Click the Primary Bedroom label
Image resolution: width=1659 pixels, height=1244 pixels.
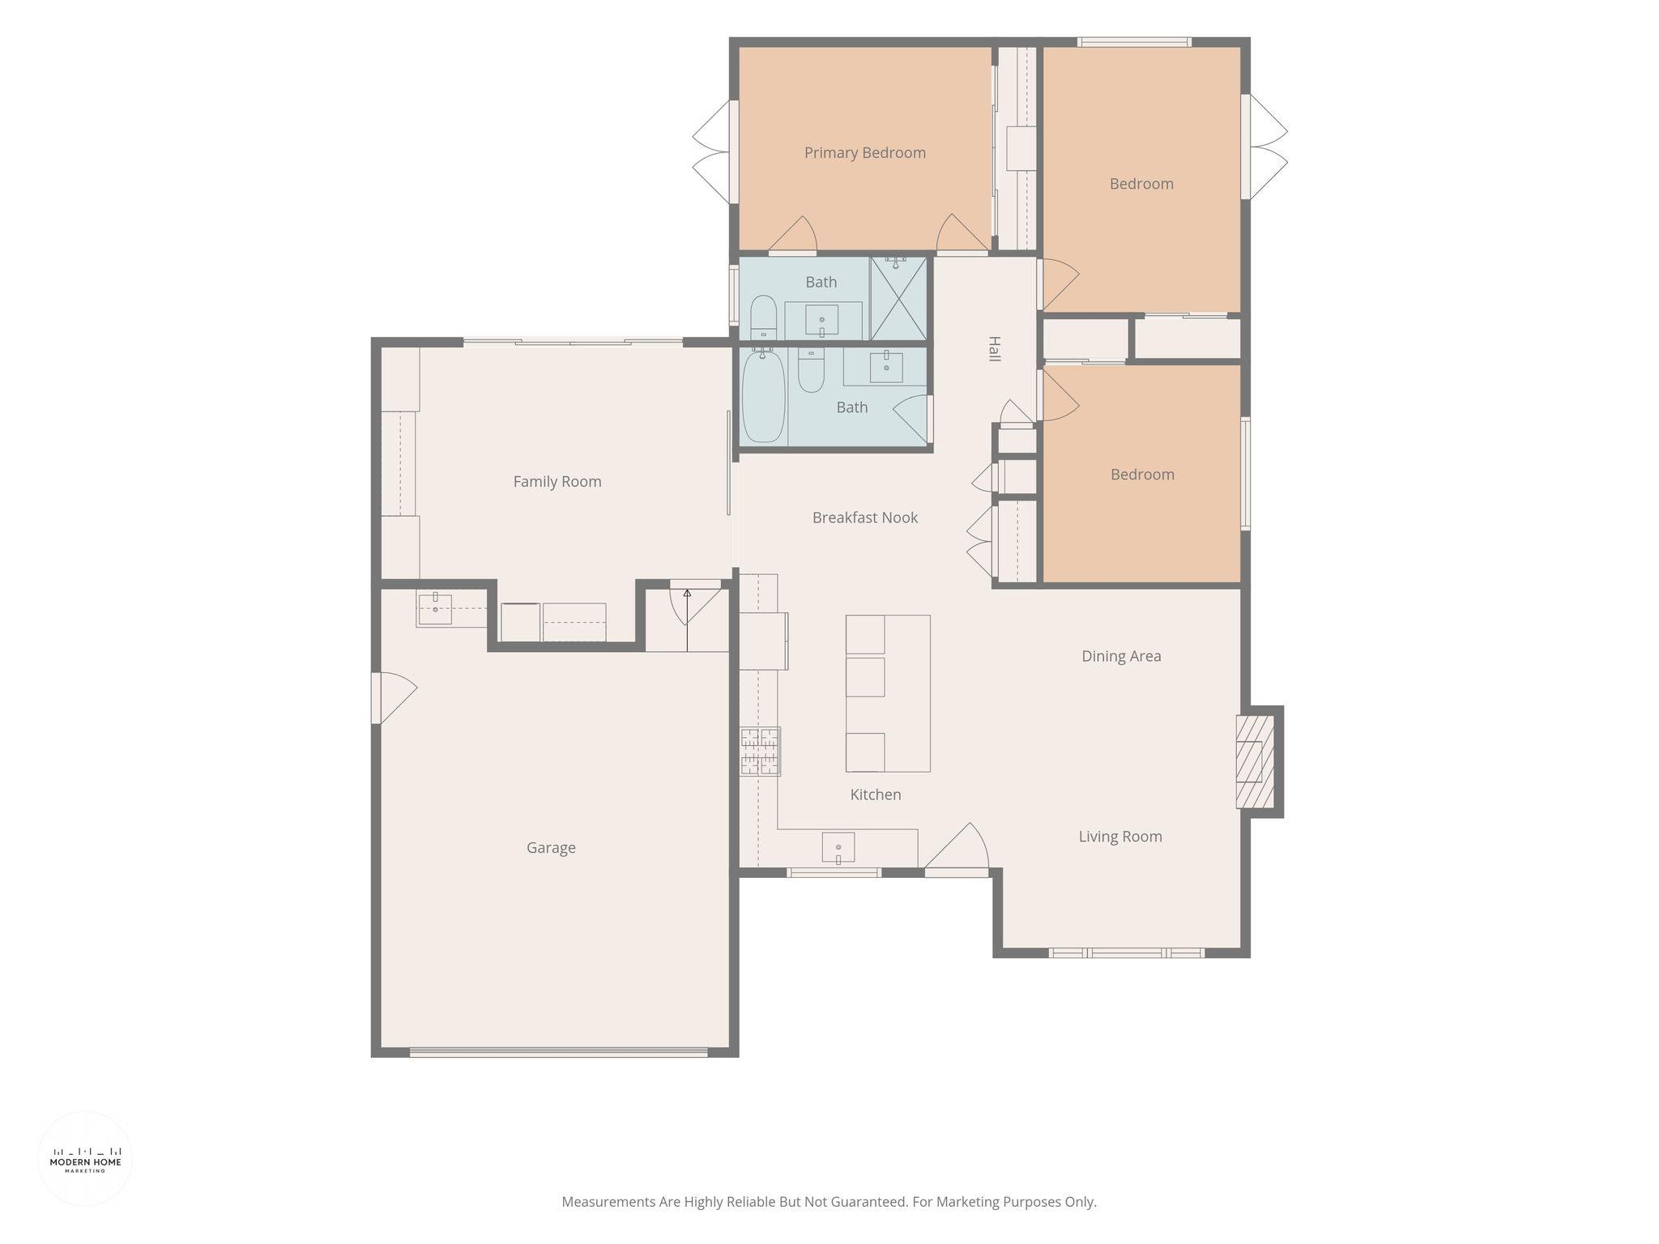864,153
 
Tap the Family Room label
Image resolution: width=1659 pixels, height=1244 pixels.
557,482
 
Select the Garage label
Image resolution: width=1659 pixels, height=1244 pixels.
551,848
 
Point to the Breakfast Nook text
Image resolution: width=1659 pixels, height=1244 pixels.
865,518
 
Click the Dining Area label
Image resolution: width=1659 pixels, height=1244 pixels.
1121,657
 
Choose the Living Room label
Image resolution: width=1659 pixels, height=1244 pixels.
1120,837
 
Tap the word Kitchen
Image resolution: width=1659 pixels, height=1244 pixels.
876,795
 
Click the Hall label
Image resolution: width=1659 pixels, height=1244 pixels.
995,348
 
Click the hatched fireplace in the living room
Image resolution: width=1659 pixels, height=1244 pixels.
1255,761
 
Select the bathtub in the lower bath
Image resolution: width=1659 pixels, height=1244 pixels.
764,396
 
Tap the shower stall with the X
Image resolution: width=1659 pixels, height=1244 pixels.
898,298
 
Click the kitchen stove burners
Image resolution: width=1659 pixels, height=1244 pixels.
760,752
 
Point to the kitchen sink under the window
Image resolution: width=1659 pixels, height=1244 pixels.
838,848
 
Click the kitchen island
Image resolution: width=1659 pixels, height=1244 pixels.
888,693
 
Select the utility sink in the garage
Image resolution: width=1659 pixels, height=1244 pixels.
435,609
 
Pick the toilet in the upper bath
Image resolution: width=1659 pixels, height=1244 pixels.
763,318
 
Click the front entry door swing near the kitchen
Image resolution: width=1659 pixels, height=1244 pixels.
957,848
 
